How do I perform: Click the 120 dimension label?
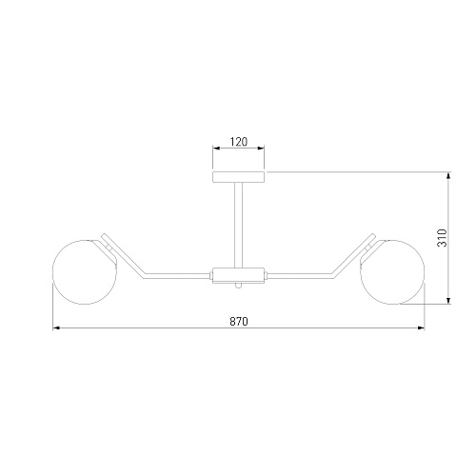(x=238, y=142)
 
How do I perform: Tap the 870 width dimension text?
(x=239, y=322)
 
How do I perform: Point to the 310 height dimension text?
(x=442, y=238)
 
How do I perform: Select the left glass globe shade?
(x=85, y=272)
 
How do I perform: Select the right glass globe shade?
(x=392, y=272)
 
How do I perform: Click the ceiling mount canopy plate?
(x=238, y=177)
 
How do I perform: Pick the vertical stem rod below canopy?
(x=238, y=225)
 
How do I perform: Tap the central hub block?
(x=238, y=275)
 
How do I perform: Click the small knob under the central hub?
(x=238, y=286)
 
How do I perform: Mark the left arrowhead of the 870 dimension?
(x=56, y=327)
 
